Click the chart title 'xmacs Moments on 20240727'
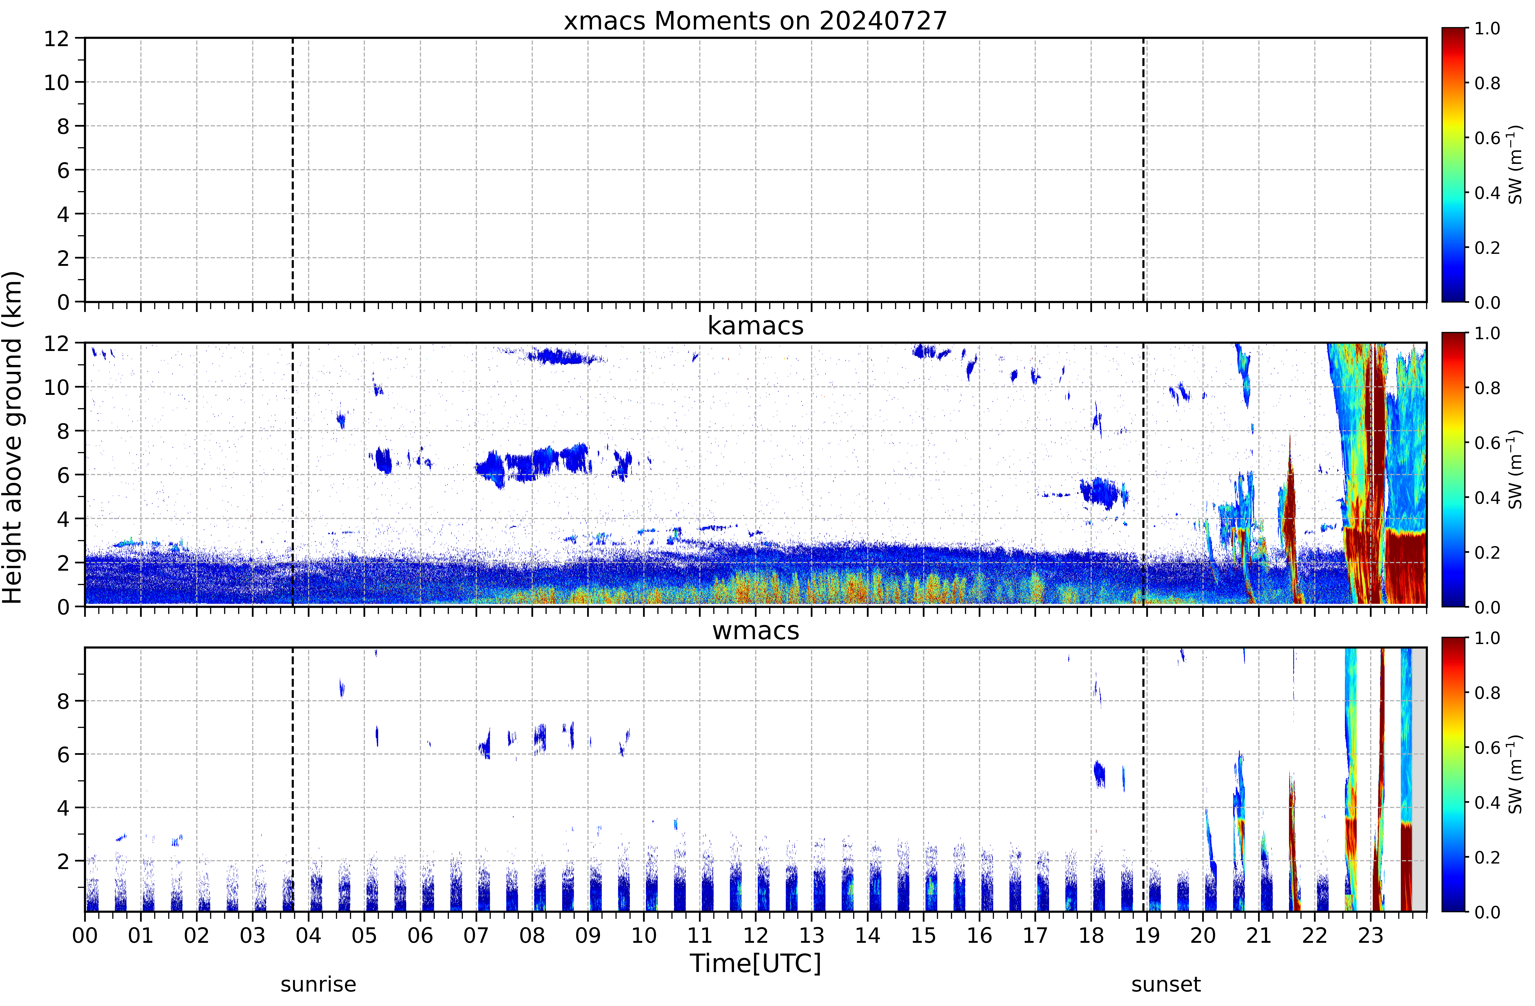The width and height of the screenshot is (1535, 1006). click(755, 21)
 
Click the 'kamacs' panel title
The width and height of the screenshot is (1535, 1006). click(755, 326)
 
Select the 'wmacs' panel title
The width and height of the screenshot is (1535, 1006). click(755, 631)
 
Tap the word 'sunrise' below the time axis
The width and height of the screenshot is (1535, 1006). click(318, 985)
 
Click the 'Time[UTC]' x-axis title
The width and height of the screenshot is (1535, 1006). click(755, 964)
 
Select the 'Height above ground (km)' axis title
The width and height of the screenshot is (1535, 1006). click(13, 437)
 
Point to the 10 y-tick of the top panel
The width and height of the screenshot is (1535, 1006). click(56, 83)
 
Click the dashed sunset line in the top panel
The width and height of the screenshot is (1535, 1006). click(1143, 170)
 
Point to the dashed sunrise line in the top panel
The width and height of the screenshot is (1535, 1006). click(293, 170)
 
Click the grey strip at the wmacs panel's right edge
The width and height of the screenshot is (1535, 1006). click(1419, 779)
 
